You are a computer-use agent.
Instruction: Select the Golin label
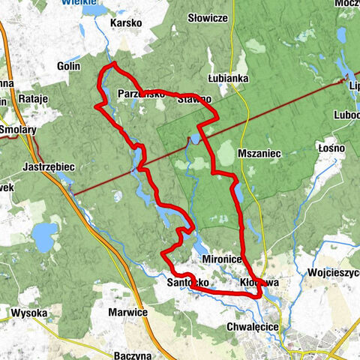coord(68,66)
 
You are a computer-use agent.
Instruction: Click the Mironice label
coord(221,258)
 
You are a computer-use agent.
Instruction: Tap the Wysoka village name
coord(29,312)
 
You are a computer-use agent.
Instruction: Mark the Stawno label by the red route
coord(194,98)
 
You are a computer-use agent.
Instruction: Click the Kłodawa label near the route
coord(259,283)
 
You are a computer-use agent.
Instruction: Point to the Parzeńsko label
coord(141,94)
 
